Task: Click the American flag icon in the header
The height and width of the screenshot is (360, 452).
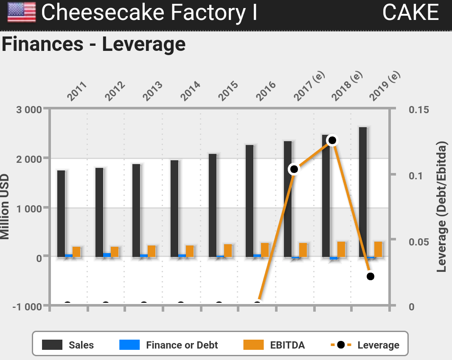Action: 22,12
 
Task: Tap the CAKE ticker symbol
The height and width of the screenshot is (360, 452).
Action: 410,12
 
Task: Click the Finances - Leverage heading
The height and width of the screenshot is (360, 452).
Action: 94,44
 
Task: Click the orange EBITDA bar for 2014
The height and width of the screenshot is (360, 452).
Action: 190,251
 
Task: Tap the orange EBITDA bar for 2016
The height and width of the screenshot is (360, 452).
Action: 265,250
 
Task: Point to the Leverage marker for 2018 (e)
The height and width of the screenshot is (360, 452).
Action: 332,140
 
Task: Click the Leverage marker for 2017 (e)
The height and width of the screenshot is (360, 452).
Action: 294,169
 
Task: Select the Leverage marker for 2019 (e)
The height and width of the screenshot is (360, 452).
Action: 370,276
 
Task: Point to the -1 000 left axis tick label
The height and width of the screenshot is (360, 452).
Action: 27,307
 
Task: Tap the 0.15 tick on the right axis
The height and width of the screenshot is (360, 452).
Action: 419,110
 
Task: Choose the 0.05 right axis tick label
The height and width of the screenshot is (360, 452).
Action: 419,242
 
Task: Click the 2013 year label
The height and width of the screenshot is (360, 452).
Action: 152,91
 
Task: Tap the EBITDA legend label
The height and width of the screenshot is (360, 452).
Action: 287,345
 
